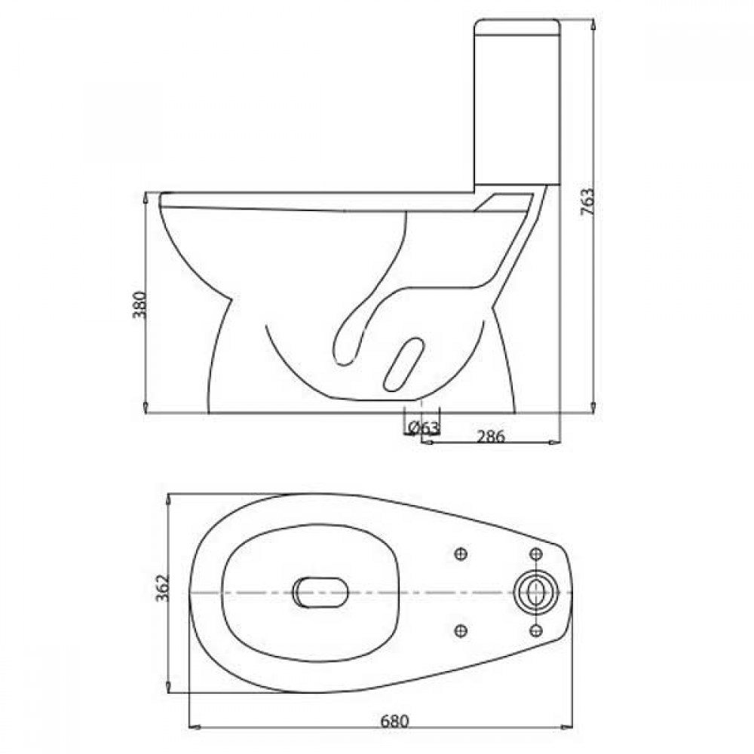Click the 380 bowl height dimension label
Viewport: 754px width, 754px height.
[140, 304]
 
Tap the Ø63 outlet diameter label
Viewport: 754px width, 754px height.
[423, 428]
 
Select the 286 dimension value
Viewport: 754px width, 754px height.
[489, 435]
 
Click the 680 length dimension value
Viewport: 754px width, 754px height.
[394, 721]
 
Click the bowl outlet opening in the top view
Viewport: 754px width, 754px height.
[320, 592]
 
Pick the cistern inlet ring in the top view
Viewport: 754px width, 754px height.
[536, 592]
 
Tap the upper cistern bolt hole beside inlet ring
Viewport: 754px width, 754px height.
[535, 554]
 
